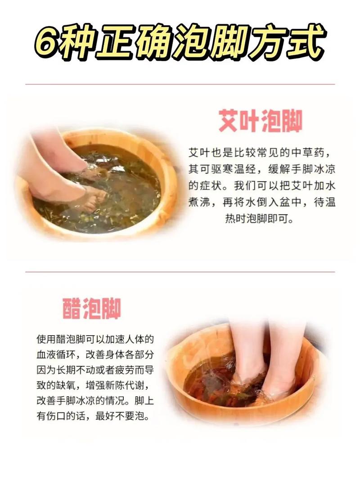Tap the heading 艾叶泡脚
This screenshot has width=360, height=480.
[261, 120]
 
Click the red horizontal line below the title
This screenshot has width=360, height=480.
[180, 84]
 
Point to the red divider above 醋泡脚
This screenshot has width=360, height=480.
[180, 272]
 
